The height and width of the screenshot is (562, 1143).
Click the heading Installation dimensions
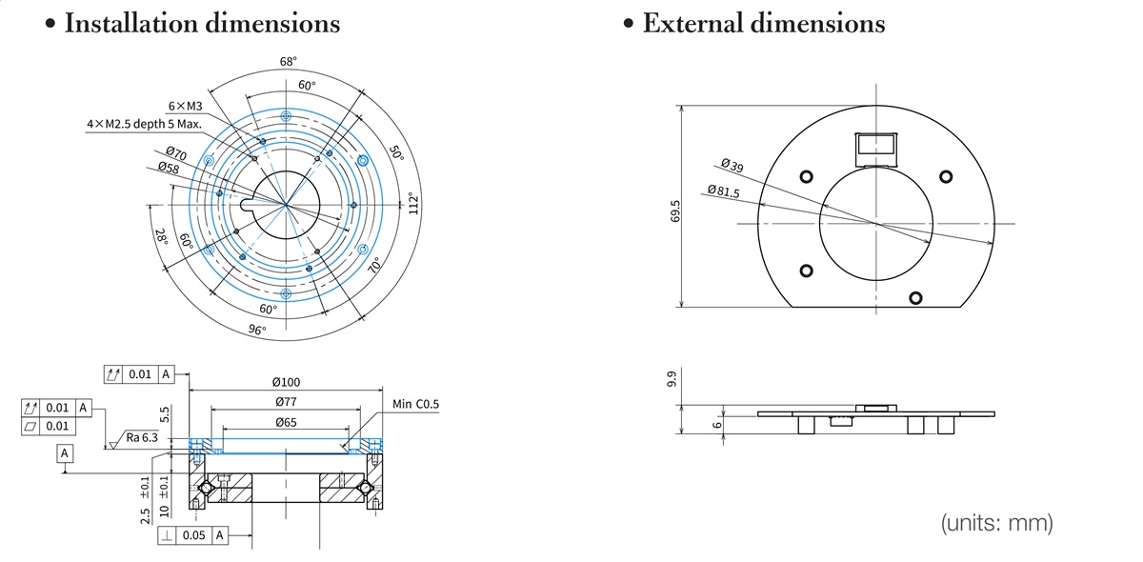(x=201, y=24)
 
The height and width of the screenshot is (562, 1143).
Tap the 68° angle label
(x=288, y=61)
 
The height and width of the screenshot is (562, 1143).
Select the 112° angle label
(x=412, y=203)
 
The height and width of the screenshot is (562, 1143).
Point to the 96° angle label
(x=257, y=330)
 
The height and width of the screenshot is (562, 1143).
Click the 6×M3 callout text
(x=185, y=106)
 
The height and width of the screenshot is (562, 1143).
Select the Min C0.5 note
(x=416, y=405)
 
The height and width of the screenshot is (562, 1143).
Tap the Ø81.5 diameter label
(x=723, y=191)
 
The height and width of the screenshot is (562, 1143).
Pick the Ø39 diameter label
(x=732, y=166)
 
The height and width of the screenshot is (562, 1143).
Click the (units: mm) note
(x=997, y=523)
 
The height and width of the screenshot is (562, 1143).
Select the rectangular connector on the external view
(x=876, y=144)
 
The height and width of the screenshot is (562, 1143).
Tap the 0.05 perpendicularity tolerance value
(x=193, y=535)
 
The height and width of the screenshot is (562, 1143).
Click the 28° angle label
(x=162, y=236)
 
